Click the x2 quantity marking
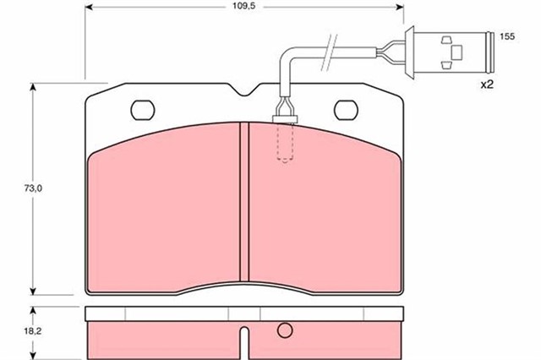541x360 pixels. point(487,85)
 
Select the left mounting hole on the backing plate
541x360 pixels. point(143,110)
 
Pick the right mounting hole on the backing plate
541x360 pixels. point(347,110)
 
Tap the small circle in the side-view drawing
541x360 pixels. point(285,330)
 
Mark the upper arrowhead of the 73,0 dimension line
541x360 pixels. point(33,88)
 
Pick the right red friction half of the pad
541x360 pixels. point(325,215)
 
